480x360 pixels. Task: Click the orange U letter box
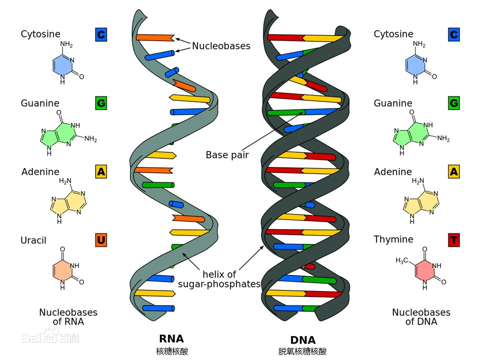click(x=101, y=240)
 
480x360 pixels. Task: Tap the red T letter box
click(x=453, y=240)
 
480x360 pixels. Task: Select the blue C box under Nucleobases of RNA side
click(x=101, y=34)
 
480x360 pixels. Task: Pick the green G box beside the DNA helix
click(x=453, y=103)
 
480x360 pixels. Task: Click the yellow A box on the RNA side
click(x=101, y=172)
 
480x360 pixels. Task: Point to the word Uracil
click(x=33, y=240)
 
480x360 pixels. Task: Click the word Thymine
click(x=393, y=239)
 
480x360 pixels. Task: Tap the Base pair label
click(x=227, y=155)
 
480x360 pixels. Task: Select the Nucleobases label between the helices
click(x=221, y=46)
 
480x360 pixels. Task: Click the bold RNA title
click(x=171, y=338)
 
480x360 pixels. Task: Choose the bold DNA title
click(x=302, y=339)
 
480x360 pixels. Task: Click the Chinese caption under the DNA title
click(x=302, y=351)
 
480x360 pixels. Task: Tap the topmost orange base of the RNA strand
click(x=154, y=37)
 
